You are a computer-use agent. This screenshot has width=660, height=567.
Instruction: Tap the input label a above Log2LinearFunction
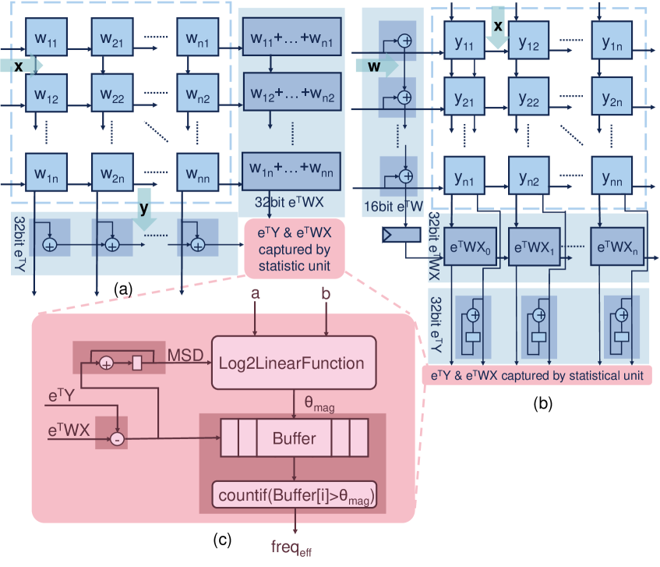[x=255, y=295]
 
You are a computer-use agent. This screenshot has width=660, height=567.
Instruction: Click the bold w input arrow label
[x=374, y=67]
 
